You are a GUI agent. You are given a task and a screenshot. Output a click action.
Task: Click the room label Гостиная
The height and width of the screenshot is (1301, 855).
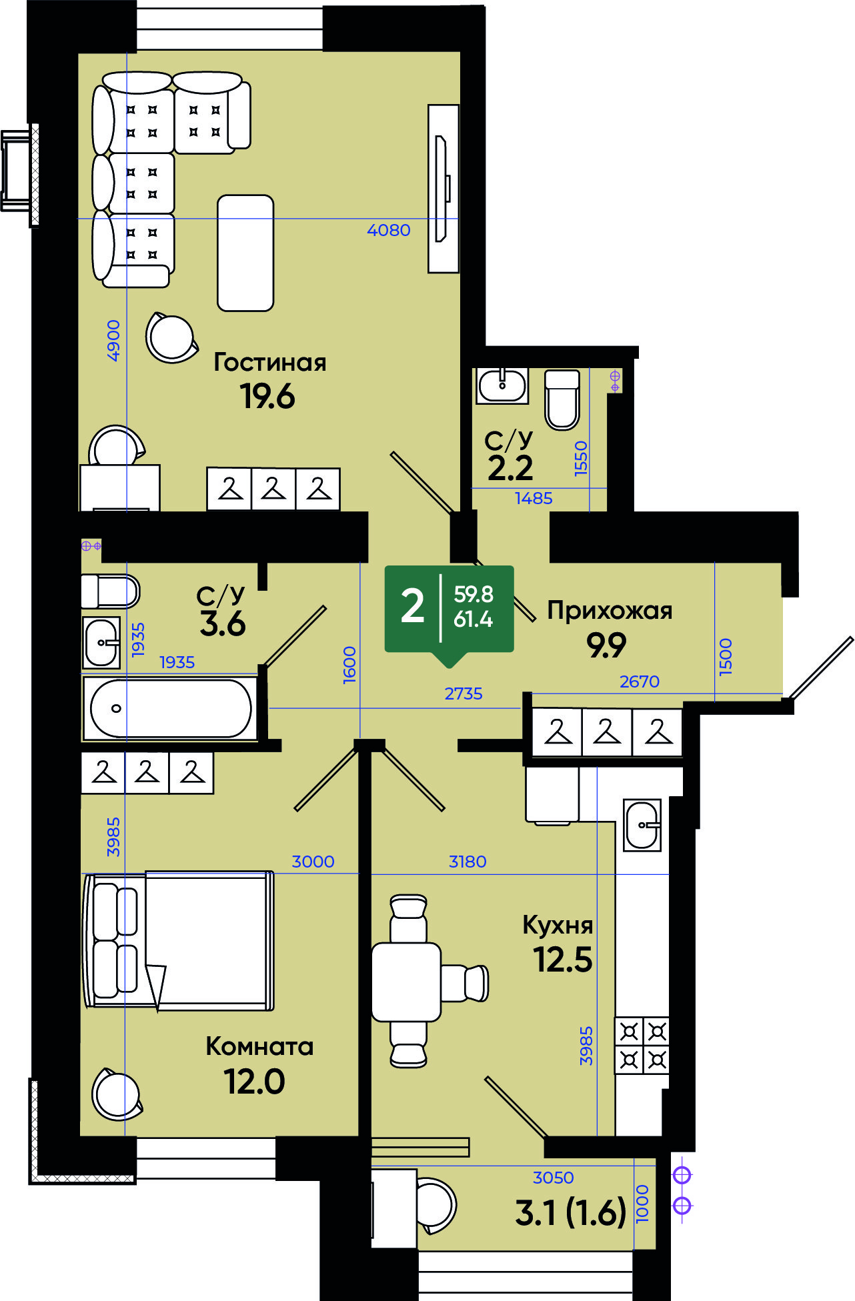pyautogui.click(x=269, y=362)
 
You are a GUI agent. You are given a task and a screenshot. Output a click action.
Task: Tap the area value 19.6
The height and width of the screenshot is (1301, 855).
pyautogui.click(x=267, y=396)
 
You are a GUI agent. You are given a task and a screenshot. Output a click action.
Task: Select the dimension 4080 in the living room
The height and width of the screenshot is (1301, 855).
pyautogui.click(x=389, y=230)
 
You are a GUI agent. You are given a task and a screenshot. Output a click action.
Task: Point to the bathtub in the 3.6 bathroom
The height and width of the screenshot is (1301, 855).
pyautogui.click(x=171, y=708)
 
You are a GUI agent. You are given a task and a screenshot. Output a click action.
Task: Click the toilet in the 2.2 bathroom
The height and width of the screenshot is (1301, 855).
pyautogui.click(x=562, y=399)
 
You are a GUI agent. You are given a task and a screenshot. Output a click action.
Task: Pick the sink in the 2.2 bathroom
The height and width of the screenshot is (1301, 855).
pyautogui.click(x=502, y=385)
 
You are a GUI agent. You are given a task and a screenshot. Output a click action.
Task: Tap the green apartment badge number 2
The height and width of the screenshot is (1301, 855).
pyautogui.click(x=412, y=607)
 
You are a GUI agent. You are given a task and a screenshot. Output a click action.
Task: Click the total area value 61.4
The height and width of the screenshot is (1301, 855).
pyautogui.click(x=473, y=619)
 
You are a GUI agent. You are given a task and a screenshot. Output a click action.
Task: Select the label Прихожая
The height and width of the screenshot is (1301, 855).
pyautogui.click(x=610, y=610)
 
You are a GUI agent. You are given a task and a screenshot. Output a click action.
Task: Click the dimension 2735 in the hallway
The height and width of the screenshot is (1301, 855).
pyautogui.click(x=464, y=694)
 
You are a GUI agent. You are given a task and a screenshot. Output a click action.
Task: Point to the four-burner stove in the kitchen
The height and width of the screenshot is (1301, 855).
pyautogui.click(x=642, y=1045)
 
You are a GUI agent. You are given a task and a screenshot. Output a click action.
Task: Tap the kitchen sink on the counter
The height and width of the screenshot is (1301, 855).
pyautogui.click(x=642, y=825)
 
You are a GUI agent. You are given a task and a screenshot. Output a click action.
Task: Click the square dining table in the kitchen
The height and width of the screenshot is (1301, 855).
pyautogui.click(x=406, y=982)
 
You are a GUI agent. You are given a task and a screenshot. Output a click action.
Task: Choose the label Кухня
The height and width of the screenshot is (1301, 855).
pyautogui.click(x=558, y=925)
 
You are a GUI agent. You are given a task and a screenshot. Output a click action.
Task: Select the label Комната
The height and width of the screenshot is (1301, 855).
pyautogui.click(x=259, y=1046)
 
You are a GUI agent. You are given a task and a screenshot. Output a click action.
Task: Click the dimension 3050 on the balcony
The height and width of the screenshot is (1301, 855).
pyautogui.click(x=553, y=1178)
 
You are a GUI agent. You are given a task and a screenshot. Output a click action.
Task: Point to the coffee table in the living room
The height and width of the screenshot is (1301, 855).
pyautogui.click(x=245, y=253)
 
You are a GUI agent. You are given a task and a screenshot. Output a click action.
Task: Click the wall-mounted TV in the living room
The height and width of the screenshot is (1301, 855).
pyautogui.click(x=443, y=188)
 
